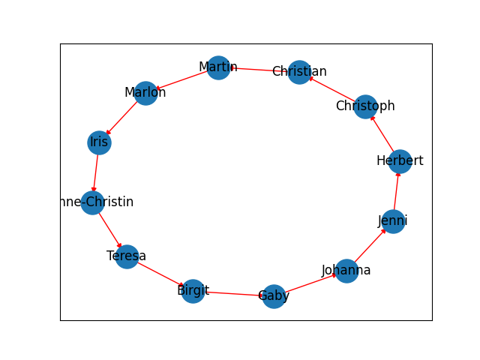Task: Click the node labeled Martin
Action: [218, 67]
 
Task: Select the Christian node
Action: [299, 72]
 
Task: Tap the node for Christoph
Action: [364, 106]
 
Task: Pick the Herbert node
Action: [400, 160]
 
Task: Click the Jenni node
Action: [392, 221]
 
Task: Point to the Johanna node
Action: [346, 271]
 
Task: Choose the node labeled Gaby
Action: [274, 296]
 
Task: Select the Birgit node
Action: [193, 291]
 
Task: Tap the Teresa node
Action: [127, 256]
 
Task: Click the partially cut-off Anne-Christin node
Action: [92, 202]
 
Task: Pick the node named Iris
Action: [99, 142]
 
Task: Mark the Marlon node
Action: [145, 93]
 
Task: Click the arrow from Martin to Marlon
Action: [182, 80]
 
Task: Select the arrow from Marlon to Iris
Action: [122, 118]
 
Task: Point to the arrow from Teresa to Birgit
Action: [160, 274]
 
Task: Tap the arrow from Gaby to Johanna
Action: [310, 283]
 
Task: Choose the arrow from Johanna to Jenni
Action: [369, 246]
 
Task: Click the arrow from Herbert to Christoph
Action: [382, 133]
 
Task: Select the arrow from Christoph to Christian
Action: [332, 89]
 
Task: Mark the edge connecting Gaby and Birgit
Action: [233, 293]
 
